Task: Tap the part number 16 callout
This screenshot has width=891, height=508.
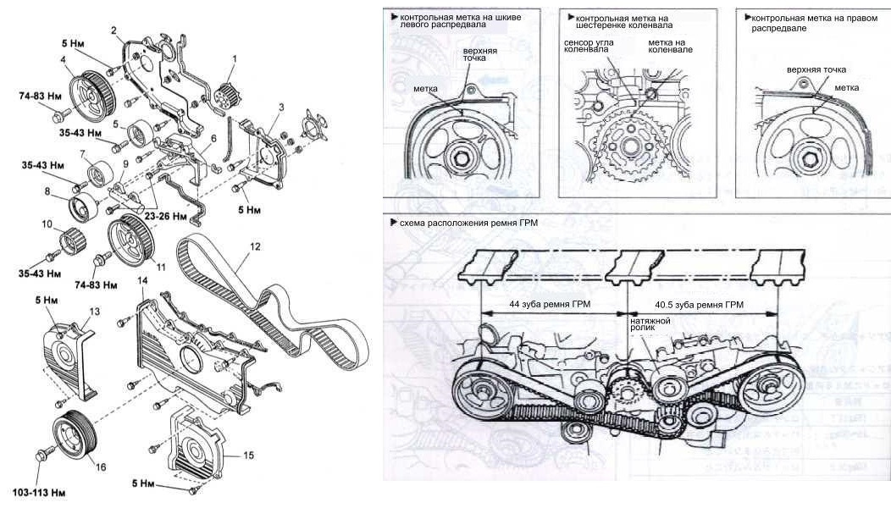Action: [x=101, y=467]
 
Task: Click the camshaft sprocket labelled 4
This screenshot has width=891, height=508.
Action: [x=85, y=88]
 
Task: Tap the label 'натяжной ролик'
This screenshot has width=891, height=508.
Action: [x=650, y=326]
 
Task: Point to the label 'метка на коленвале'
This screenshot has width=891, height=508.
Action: [x=671, y=46]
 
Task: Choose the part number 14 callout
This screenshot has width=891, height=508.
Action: [x=143, y=280]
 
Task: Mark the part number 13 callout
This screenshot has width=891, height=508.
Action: [x=95, y=312]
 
